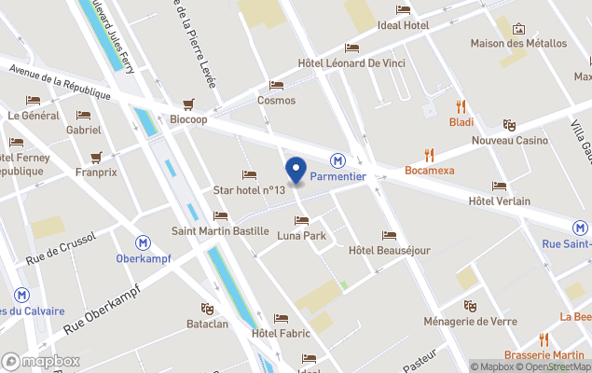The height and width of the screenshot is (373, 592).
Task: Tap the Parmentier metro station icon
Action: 337,160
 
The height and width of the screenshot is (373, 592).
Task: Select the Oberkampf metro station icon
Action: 143,242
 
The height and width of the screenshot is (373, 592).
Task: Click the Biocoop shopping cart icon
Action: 188,104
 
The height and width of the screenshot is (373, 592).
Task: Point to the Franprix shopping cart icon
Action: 95,158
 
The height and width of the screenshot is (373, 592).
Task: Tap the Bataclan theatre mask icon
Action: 207,308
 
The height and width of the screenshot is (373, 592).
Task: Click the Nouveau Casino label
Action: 510,140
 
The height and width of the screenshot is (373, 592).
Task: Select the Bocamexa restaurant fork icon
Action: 429,155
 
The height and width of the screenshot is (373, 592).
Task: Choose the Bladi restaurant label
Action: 461,122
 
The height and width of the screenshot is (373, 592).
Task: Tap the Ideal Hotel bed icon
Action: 403,10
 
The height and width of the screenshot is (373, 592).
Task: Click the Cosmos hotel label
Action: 276,101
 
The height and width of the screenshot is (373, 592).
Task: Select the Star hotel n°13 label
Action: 249,190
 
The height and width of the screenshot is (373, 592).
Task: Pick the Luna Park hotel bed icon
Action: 301,221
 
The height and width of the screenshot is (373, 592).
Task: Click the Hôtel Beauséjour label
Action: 389,250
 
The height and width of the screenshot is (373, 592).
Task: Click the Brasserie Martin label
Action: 544,355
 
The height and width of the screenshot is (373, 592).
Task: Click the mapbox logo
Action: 41,361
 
